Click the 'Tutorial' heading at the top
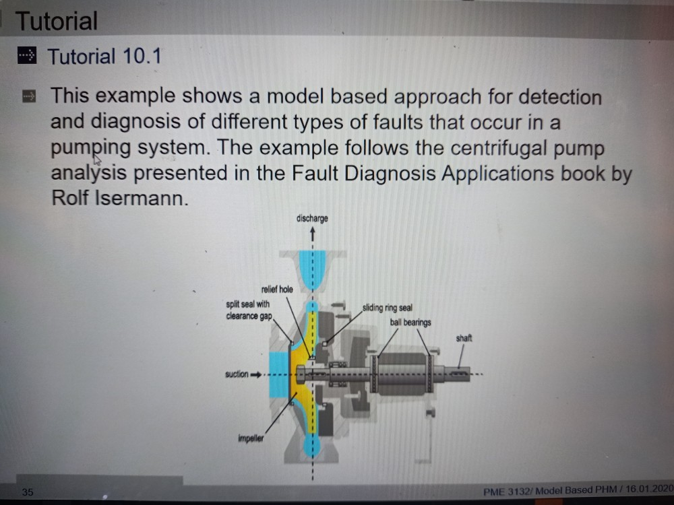click(x=57, y=22)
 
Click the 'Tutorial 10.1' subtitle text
click(x=104, y=57)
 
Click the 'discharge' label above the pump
click(x=311, y=219)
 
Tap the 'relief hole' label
click(x=276, y=289)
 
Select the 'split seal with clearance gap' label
click(x=248, y=310)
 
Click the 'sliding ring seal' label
click(x=387, y=308)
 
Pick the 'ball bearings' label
click(x=410, y=323)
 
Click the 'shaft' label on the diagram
click(x=464, y=338)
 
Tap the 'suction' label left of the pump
click(x=237, y=374)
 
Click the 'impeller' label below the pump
click(x=250, y=438)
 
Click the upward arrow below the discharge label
click(x=312, y=234)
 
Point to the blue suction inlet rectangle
click(x=278, y=374)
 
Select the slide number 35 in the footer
click(x=27, y=492)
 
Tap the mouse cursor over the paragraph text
click(x=97, y=160)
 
